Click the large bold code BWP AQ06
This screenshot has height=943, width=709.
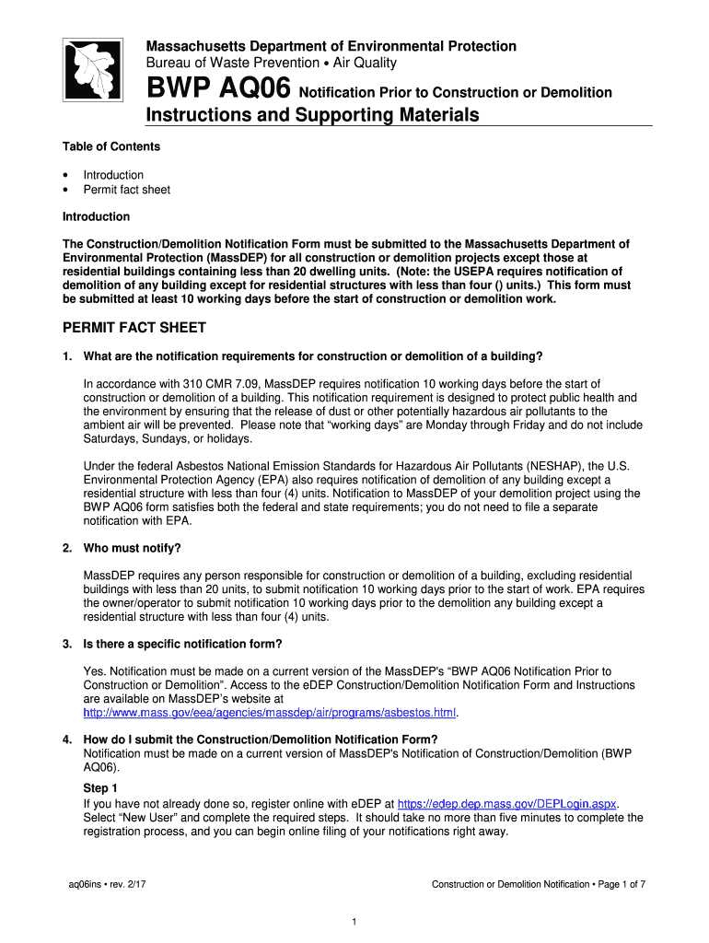219,91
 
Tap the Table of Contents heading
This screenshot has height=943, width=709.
110,146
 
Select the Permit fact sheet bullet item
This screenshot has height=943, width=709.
126,190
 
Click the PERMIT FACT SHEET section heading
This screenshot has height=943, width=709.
134,328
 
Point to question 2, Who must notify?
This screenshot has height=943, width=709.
132,548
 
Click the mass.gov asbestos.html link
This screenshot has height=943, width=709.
270,713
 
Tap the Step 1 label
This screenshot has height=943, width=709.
100,788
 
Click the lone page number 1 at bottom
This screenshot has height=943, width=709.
354,921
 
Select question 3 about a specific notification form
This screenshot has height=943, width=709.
182,644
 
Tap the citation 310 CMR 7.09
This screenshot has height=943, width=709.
225,383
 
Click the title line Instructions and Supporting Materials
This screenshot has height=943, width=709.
313,115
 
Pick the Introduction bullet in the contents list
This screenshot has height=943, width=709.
113,175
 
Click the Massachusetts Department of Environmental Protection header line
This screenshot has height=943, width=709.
331,46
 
